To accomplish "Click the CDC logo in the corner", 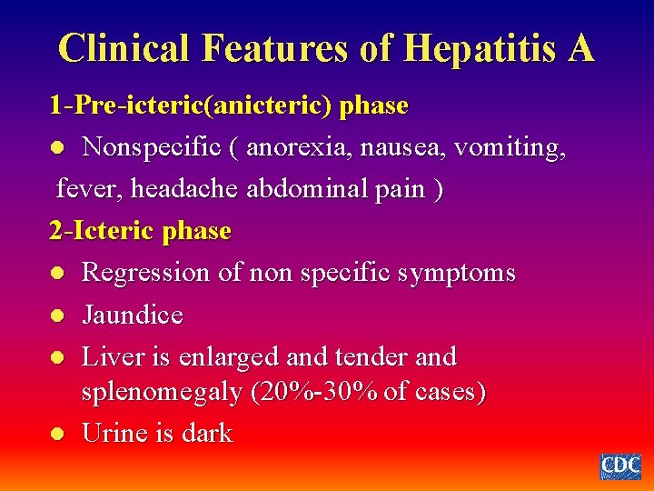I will click(620, 466).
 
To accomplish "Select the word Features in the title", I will click(272, 47).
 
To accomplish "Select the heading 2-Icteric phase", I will click(140, 231).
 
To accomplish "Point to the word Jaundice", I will click(133, 315).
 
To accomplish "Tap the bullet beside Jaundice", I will click(56, 316).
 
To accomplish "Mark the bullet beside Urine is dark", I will click(56, 435).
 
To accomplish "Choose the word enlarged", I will click(236, 356).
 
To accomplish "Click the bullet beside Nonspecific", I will click(56, 147).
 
